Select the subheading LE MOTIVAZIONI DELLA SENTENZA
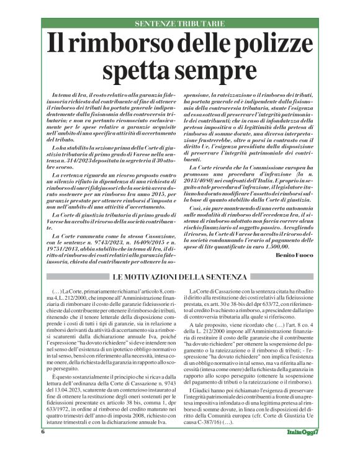coord(180,276)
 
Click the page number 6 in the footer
coord(44,448)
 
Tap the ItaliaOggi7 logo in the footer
coord(304,449)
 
